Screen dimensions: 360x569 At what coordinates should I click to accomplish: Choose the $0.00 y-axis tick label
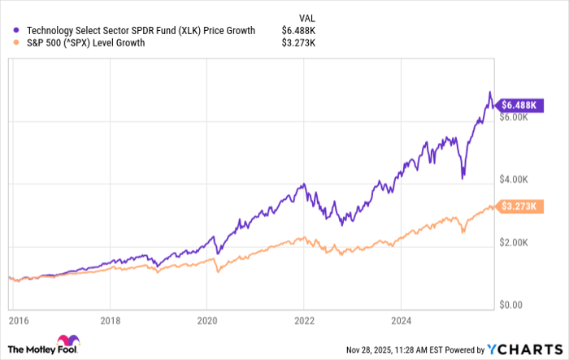(x=515, y=306)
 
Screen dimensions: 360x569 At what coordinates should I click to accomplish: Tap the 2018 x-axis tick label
(x=110, y=321)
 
